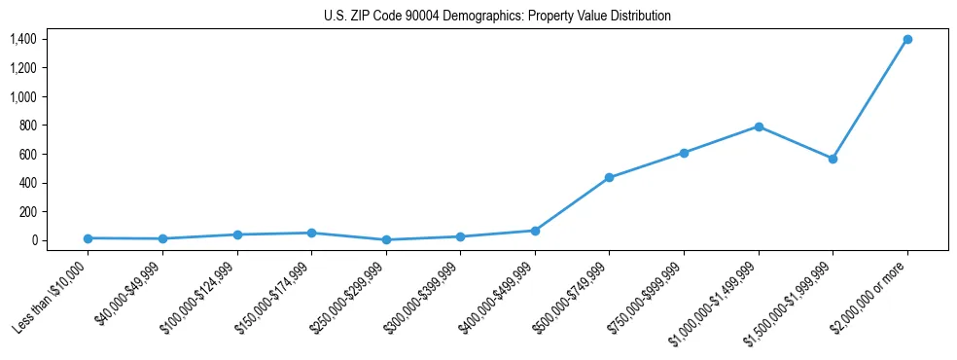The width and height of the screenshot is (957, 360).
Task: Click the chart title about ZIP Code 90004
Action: pyautogui.click(x=497, y=17)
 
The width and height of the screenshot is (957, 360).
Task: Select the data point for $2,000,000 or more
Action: pyautogui.click(x=907, y=39)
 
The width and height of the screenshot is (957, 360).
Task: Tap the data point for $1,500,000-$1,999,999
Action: pyautogui.click(x=833, y=159)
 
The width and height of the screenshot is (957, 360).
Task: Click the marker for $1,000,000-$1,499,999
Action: pyautogui.click(x=759, y=126)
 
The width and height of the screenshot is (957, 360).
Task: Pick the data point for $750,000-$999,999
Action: pyautogui.click(x=684, y=153)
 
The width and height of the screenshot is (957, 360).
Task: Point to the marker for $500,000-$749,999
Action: pyautogui.click(x=609, y=178)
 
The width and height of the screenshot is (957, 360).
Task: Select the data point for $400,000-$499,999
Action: pyautogui.click(x=535, y=231)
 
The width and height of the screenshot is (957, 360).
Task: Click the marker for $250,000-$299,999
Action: pyautogui.click(x=386, y=239)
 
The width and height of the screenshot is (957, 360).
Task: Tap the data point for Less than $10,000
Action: pyautogui.click(x=88, y=238)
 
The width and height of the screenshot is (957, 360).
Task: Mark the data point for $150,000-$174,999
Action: pyautogui.click(x=311, y=233)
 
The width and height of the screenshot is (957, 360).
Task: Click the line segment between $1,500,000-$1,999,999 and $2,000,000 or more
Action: pyautogui.click(x=870, y=98)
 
